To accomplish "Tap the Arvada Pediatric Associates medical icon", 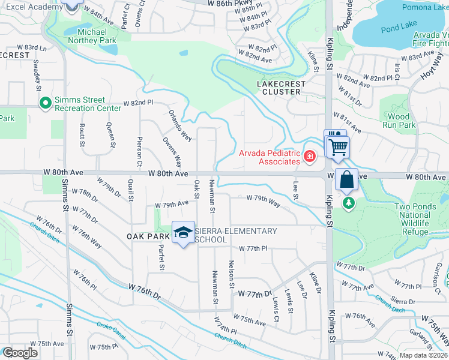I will coord(310,157).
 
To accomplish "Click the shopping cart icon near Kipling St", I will coord(337,146).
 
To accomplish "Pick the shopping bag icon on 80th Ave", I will coord(347,179).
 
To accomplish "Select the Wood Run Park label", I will coord(399,121).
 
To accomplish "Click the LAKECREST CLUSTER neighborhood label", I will coord(282,88).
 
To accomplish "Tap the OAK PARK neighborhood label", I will coord(145,236).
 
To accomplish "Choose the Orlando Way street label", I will coord(179,125).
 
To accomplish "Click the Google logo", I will coord(20,353).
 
